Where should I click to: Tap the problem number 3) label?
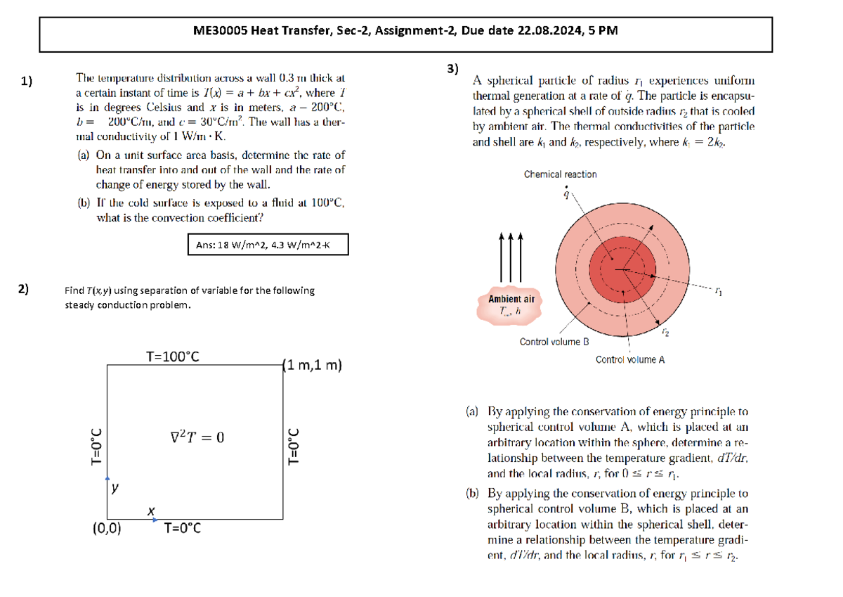tap(452, 68)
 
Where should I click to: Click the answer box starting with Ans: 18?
tap(268, 245)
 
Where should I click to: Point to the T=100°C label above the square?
tap(172, 357)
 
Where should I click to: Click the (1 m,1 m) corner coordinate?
tap(311, 366)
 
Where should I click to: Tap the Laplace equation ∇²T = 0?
tap(197, 437)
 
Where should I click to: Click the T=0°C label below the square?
tap(182, 528)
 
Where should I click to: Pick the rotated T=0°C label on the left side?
tap(97, 447)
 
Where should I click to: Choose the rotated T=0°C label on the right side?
tap(294, 447)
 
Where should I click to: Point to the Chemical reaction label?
tap(560, 174)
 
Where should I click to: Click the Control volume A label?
tap(630, 359)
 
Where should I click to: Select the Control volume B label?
tap(554, 342)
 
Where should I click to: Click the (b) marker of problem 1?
tap(84, 203)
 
